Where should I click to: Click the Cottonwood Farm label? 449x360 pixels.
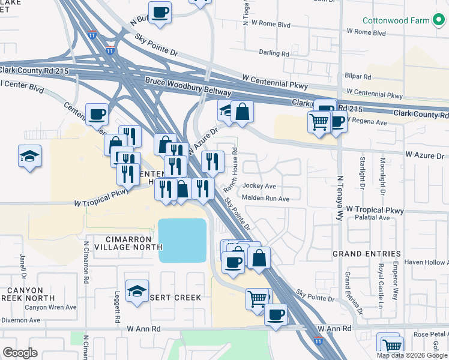tap(396, 20)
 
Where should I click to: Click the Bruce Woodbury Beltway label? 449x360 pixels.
tap(188, 86)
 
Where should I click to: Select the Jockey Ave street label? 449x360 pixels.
tap(259, 186)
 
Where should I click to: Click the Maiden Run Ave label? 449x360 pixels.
tap(266, 199)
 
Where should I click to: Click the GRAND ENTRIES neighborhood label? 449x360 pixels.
tap(367, 254)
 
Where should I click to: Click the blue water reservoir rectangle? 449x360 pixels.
tap(182, 240)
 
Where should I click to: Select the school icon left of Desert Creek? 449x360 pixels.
tap(137, 291)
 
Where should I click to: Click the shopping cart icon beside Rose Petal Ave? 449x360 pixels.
tap(391, 345)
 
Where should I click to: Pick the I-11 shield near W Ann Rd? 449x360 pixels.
tap(318, 341)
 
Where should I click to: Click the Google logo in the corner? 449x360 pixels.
tap(20, 353)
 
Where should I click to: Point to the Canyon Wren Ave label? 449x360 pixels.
tap(50, 307)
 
